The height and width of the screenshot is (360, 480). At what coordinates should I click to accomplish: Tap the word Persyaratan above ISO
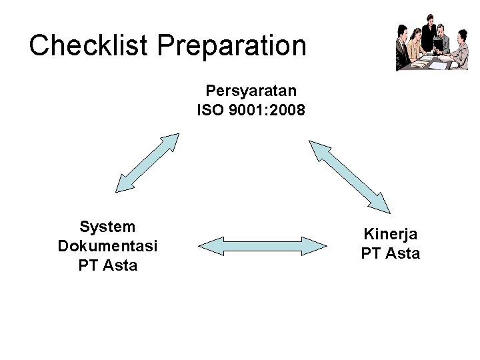(x=251, y=89)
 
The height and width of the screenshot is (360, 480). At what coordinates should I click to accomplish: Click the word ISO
(x=211, y=108)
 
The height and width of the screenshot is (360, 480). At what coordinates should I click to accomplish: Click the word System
(x=107, y=227)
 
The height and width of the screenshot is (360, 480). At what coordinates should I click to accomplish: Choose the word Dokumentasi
(x=107, y=246)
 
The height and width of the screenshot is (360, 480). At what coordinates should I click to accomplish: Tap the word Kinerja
(x=391, y=234)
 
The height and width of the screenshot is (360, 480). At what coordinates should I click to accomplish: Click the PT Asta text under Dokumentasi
(x=107, y=265)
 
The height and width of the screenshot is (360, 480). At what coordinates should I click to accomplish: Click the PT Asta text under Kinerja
(x=391, y=253)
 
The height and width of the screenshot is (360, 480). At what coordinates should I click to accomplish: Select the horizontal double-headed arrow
(x=258, y=245)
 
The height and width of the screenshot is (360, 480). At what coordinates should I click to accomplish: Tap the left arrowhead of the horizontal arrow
(x=208, y=245)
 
